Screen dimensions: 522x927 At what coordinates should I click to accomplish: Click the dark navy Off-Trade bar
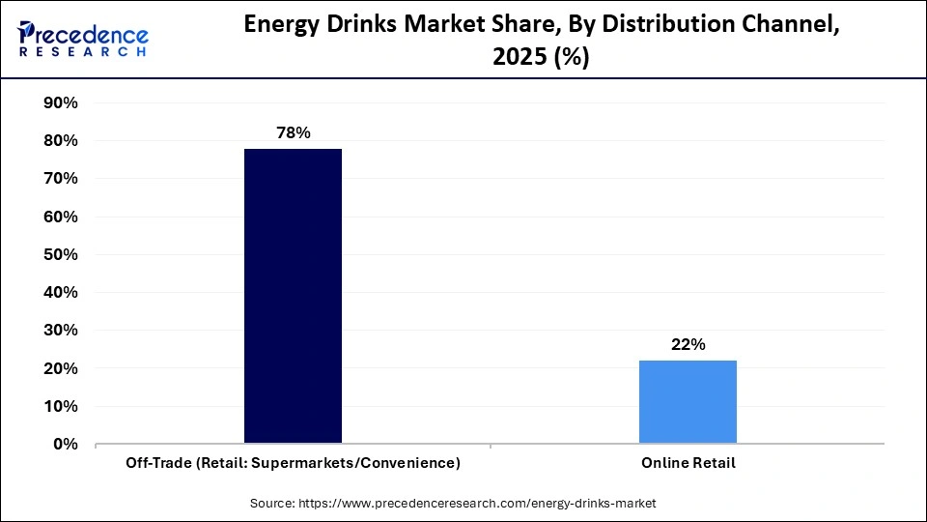293,296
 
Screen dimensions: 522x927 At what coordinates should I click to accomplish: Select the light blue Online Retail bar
688,402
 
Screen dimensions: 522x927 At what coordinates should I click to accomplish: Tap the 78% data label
293,132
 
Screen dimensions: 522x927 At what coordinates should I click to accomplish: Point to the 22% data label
688,344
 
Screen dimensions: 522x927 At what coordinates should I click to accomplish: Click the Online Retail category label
688,463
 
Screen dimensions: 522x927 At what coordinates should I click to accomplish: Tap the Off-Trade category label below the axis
293,463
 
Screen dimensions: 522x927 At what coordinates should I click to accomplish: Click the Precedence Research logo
83,39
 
